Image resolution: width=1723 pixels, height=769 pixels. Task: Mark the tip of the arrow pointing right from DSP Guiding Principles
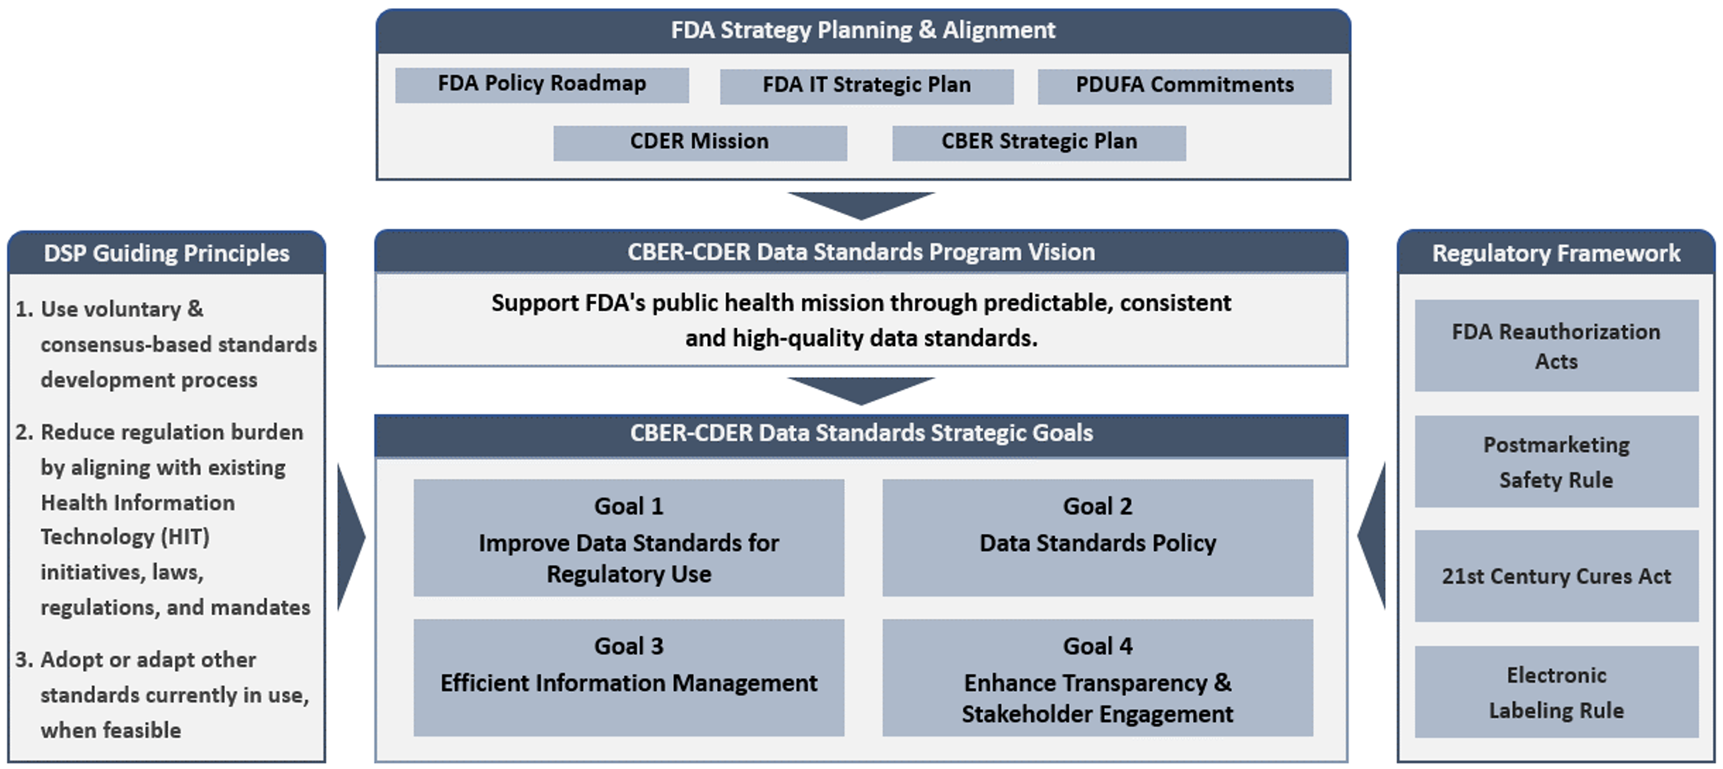pyautogui.click(x=365, y=537)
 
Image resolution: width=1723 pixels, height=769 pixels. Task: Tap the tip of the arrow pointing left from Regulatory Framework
pyautogui.click(x=1358, y=536)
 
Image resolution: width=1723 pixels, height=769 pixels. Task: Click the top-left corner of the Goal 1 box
pyautogui.click(x=414, y=479)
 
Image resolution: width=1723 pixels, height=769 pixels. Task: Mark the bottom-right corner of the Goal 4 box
pyautogui.click(x=1313, y=736)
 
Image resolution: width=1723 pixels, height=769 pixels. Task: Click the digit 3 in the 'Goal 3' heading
pyautogui.click(x=657, y=646)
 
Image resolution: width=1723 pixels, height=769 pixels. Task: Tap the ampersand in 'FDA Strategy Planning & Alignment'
pyautogui.click(x=927, y=30)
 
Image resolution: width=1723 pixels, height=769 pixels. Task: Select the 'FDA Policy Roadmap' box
pyautogui.click(x=542, y=85)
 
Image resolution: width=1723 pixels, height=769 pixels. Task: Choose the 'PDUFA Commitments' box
pyautogui.click(x=1185, y=86)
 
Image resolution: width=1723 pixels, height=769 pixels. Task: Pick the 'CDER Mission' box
pyautogui.click(x=700, y=143)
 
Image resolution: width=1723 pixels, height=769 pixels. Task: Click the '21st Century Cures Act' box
pyautogui.click(x=1556, y=576)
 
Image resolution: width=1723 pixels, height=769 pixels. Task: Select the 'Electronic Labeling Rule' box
pyautogui.click(x=1556, y=691)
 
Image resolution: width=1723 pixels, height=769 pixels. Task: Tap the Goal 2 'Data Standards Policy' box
pyautogui.click(x=1098, y=538)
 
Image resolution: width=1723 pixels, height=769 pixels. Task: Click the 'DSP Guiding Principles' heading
pyautogui.click(x=167, y=254)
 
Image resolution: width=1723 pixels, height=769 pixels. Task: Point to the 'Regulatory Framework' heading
pyautogui.click(x=1556, y=254)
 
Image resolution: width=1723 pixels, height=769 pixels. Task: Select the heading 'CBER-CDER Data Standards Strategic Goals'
pyautogui.click(x=862, y=434)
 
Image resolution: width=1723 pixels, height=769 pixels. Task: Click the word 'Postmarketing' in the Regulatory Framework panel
pyautogui.click(x=1556, y=446)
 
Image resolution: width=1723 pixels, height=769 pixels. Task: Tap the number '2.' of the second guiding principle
pyautogui.click(x=24, y=432)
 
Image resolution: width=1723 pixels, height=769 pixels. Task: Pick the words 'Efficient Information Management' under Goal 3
pyautogui.click(x=629, y=683)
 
